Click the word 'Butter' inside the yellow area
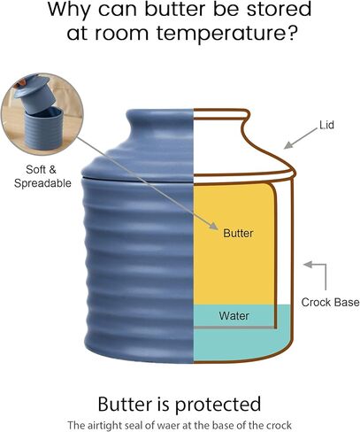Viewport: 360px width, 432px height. (x=238, y=233)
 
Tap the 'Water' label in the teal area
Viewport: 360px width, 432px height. (x=234, y=316)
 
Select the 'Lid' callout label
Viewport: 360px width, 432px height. (x=327, y=125)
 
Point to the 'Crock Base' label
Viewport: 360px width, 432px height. (x=330, y=302)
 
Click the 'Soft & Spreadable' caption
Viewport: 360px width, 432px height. (x=42, y=176)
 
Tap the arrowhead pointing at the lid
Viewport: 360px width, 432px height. (x=288, y=145)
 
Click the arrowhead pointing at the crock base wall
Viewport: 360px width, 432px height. (x=308, y=265)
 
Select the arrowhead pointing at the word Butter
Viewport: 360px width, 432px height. (x=214, y=225)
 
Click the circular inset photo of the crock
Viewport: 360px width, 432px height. (x=42, y=114)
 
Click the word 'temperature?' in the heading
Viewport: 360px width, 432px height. (x=226, y=33)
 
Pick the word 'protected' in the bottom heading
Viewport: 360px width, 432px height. (x=218, y=404)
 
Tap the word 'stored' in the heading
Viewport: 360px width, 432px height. (x=279, y=10)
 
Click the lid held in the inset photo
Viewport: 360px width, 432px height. (x=33, y=91)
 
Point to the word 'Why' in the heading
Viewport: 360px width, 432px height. (x=69, y=11)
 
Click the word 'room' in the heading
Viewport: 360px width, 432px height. (x=121, y=33)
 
